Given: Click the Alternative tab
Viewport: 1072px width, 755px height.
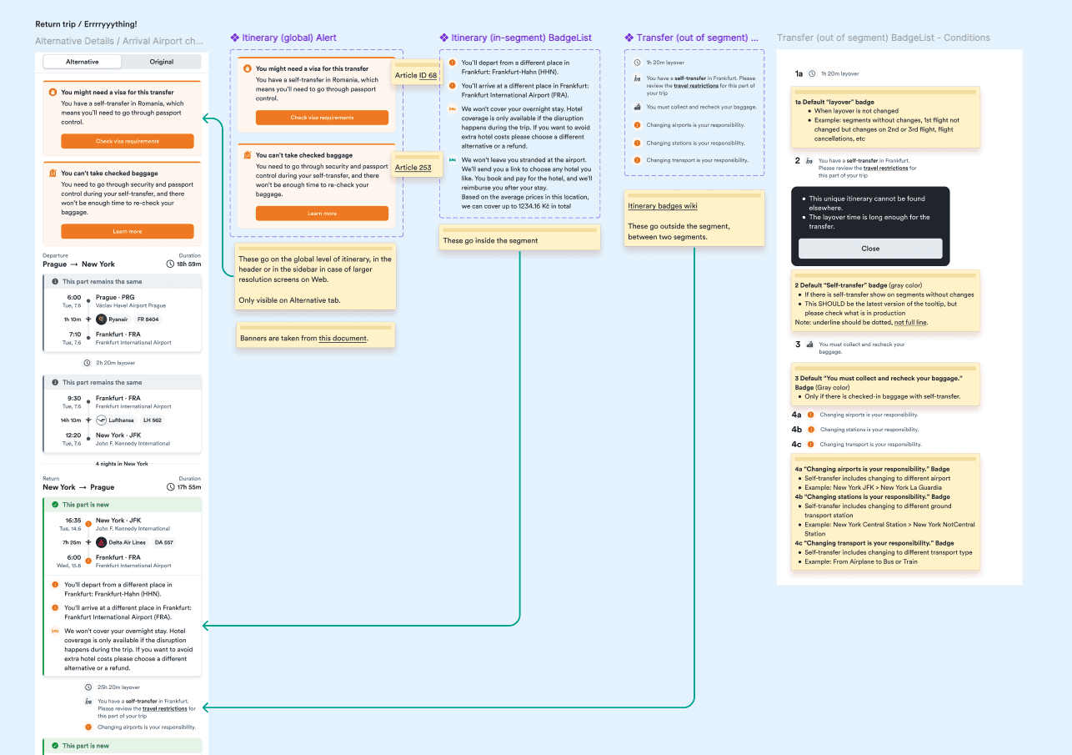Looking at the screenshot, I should pyautogui.click(x=82, y=62).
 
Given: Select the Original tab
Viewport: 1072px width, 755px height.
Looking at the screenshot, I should pyautogui.click(x=161, y=62).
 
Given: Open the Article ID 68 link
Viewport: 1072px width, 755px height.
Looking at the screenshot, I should pyautogui.click(x=416, y=76).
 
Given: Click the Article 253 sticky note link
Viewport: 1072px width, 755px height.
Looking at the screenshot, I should pyautogui.click(x=413, y=168).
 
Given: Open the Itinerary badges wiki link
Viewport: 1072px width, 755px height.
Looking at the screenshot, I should pyautogui.click(x=662, y=206).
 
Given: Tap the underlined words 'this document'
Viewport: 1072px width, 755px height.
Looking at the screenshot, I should pyautogui.click(x=343, y=339).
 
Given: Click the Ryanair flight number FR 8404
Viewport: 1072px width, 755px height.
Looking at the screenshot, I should pyautogui.click(x=148, y=320).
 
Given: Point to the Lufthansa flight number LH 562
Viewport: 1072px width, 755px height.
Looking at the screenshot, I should pyautogui.click(x=152, y=420).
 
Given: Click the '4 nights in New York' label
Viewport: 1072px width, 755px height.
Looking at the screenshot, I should pyautogui.click(x=122, y=464).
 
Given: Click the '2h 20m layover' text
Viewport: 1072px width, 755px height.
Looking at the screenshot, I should pyautogui.click(x=114, y=363).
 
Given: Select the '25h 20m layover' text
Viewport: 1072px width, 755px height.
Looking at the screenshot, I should pyautogui.click(x=118, y=687).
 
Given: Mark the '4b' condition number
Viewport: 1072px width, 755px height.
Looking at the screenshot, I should pyautogui.click(x=797, y=430).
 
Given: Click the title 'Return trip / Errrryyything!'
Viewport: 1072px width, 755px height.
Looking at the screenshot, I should pyautogui.click(x=86, y=25).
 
